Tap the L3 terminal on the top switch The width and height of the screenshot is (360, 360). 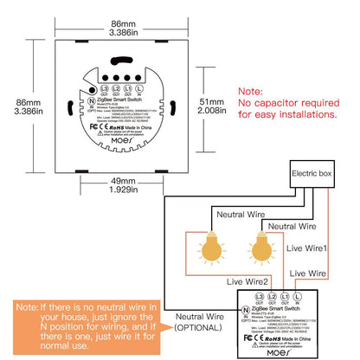point(104,88)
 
